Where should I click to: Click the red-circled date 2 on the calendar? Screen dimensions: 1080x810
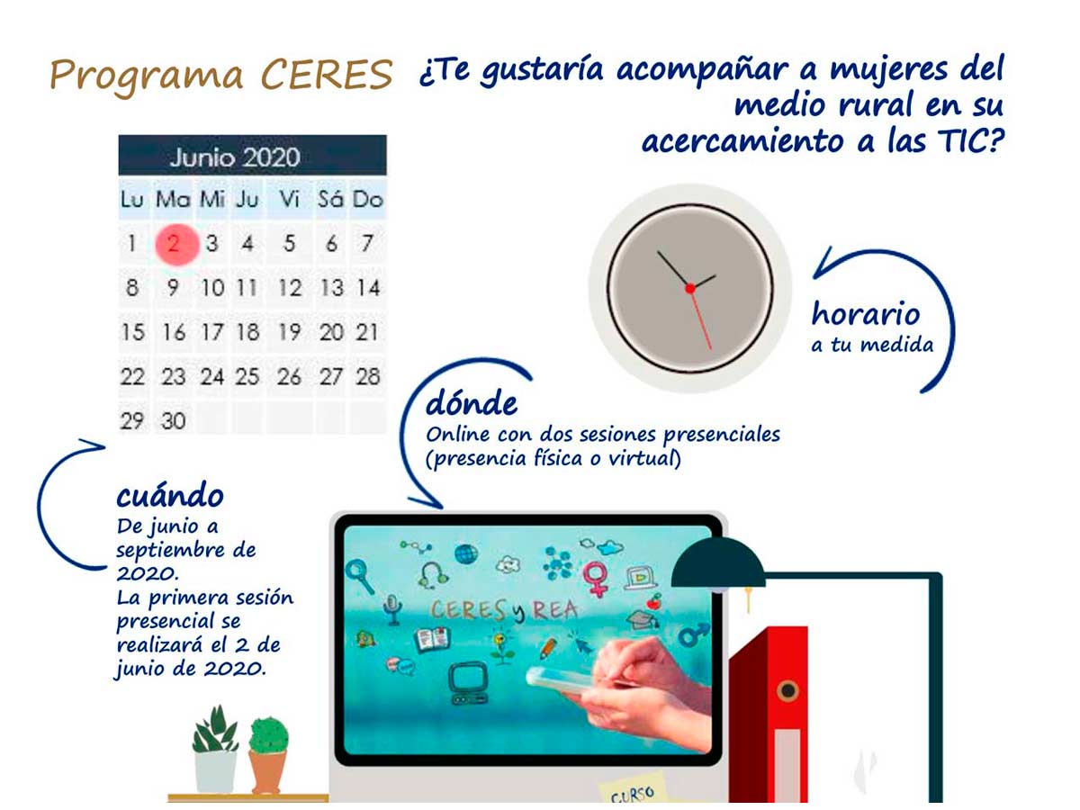[176, 244]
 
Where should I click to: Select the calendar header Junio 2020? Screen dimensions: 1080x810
[235, 157]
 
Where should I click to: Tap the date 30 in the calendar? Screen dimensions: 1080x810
[173, 421]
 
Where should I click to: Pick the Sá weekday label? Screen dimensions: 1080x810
[330, 199]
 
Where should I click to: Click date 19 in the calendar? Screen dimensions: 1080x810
[289, 332]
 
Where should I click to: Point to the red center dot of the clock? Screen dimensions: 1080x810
[690, 288]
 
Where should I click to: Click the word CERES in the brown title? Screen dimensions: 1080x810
[326, 75]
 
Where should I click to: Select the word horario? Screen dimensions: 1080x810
[866, 313]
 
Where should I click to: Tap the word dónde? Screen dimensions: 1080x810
[472, 403]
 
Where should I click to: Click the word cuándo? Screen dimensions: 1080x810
[170, 495]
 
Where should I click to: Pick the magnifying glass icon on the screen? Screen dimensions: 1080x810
[360, 576]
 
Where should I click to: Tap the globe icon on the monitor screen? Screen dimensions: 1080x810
[465, 554]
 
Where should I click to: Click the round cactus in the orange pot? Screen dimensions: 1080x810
[268, 735]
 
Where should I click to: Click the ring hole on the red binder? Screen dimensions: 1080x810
[787, 690]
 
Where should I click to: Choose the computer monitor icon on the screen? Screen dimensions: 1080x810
[467, 682]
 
